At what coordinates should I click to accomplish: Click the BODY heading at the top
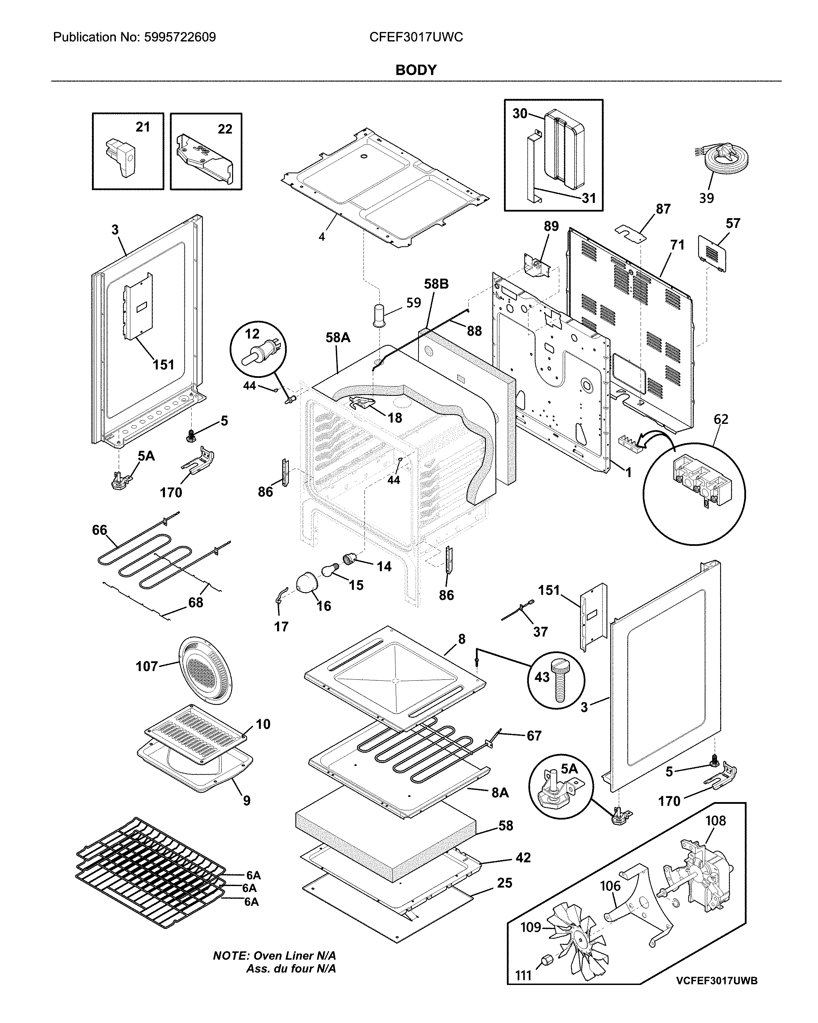coord(416,70)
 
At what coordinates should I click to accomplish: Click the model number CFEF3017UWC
coord(416,37)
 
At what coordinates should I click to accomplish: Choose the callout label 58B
coord(436,284)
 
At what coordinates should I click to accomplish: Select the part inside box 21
coord(120,157)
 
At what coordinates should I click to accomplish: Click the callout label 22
coord(225,129)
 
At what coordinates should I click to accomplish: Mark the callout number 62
coord(721,419)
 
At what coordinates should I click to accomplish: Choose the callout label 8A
coord(499,793)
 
